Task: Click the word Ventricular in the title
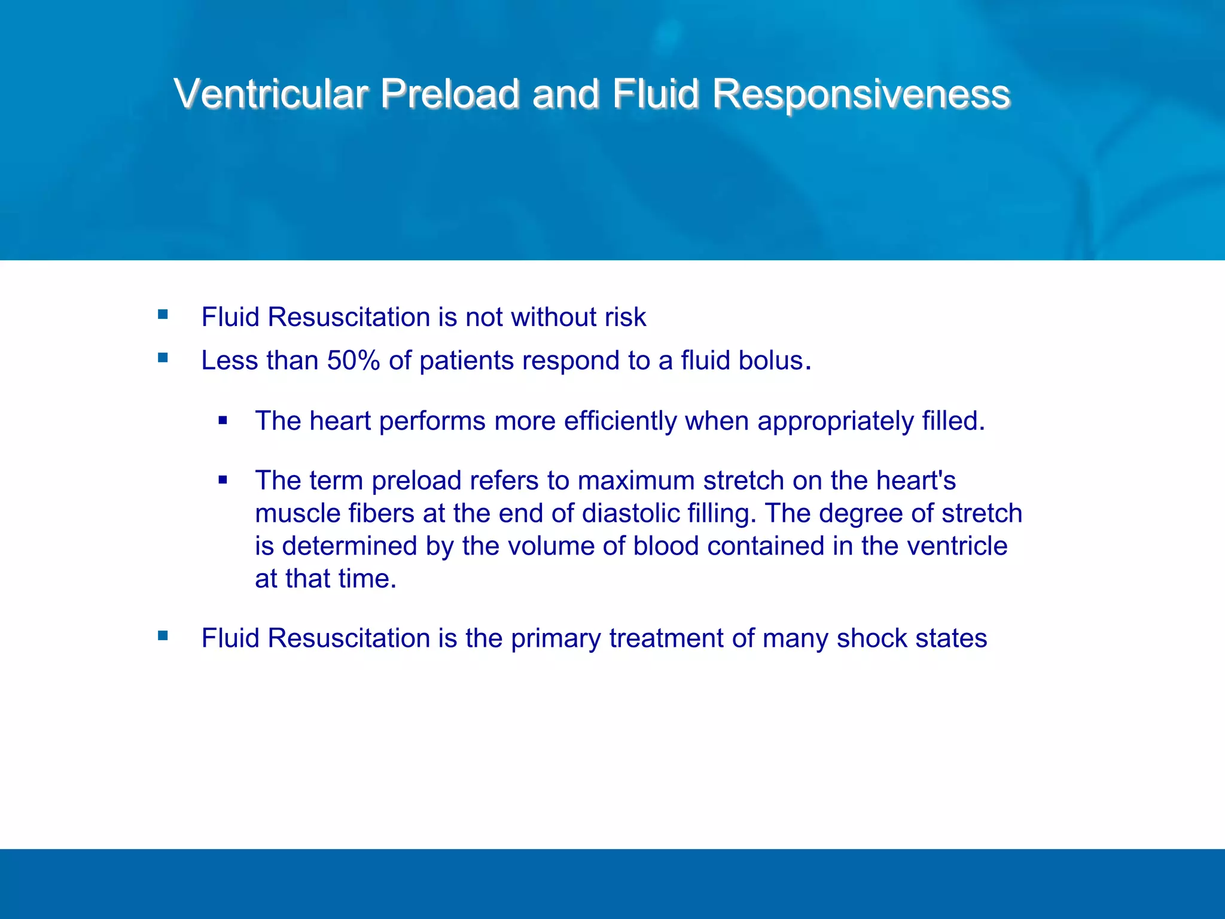coord(271,94)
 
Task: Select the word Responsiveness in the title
coord(861,94)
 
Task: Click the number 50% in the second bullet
coord(353,361)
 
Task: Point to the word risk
coord(625,317)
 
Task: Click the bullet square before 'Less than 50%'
coord(163,358)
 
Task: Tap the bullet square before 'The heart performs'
coord(223,421)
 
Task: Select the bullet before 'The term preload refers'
coord(223,480)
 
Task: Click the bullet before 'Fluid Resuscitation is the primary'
coord(163,635)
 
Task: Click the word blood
coord(666,546)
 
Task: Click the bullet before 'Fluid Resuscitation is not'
coord(163,314)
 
